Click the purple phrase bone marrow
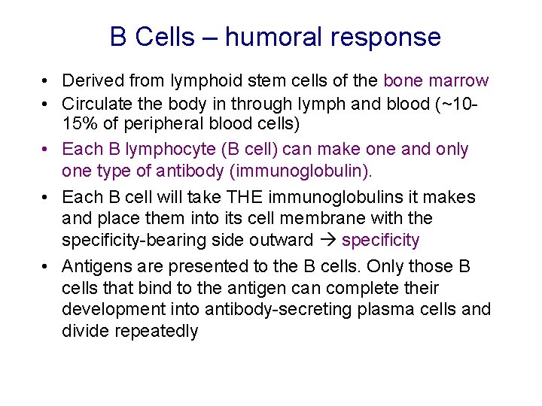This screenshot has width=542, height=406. tap(436, 80)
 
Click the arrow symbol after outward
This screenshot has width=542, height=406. tap(328, 240)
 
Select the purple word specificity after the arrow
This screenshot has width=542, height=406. tap(380, 239)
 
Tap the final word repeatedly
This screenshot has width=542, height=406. tap(157, 331)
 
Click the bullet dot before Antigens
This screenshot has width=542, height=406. tap(47, 267)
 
